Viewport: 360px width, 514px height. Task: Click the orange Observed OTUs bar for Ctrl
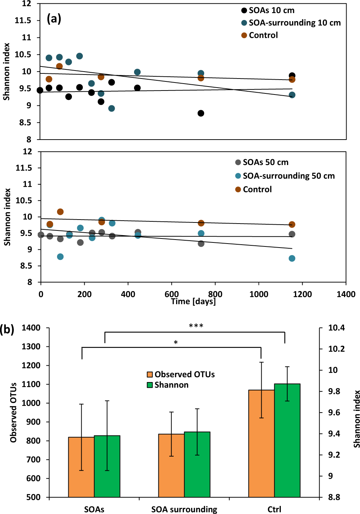tap(261, 443)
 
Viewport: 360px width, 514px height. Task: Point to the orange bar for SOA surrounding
tap(171, 465)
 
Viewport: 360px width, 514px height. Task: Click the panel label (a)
tap(54, 18)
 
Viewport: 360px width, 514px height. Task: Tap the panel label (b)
tap(7, 329)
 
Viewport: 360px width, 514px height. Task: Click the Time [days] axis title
tap(193, 302)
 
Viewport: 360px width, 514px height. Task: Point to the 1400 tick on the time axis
tap(346, 294)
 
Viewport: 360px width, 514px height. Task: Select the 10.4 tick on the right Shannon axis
tap(336, 328)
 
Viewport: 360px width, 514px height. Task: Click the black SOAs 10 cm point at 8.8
tap(201, 113)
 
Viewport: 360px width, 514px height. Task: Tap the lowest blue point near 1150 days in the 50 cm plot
tap(292, 258)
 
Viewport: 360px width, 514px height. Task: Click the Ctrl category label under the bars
tap(274, 509)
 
